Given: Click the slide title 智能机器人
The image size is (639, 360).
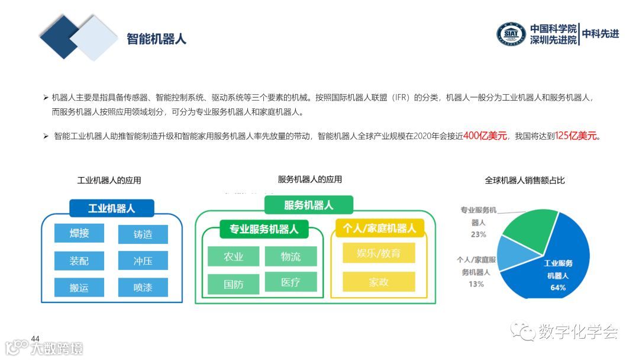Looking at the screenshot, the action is (156, 39).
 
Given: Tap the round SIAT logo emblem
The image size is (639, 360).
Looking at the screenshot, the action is (511, 34).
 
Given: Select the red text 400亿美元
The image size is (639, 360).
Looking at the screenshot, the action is (485, 136).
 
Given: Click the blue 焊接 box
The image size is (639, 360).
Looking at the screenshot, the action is (79, 233).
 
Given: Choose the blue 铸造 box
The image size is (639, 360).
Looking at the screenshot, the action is (143, 234).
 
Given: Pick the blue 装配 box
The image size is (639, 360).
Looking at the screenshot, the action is (79, 261).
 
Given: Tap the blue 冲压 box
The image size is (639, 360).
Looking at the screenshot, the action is (143, 261).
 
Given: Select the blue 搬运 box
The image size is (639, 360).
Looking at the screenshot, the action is (79, 287).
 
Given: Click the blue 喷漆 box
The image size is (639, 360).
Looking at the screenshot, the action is (143, 287).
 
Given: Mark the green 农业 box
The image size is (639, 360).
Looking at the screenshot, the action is (233, 256).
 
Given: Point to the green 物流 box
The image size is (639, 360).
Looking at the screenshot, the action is (291, 256).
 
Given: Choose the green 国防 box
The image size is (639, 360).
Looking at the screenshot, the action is (233, 284).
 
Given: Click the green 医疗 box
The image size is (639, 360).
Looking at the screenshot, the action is (291, 282).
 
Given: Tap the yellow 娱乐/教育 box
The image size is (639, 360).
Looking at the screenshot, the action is (379, 253).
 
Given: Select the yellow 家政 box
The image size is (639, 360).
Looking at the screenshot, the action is (379, 281).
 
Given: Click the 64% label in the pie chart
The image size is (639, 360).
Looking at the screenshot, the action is (558, 288).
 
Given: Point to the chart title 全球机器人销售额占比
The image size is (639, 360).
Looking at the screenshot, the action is (524, 180).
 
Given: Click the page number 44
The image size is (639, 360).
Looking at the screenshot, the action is (35, 339).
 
